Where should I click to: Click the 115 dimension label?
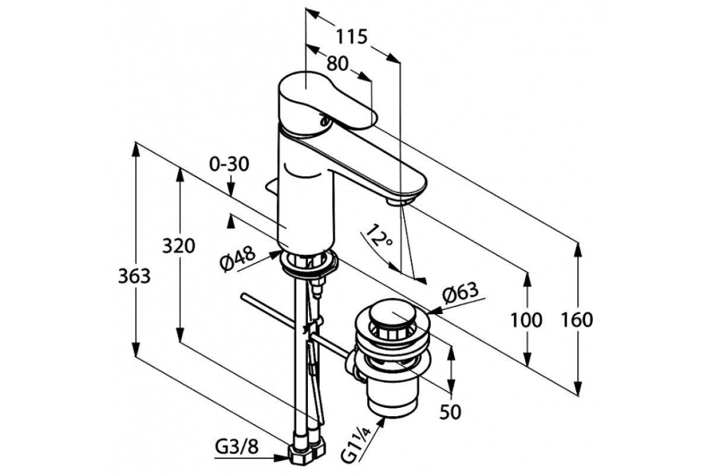[352, 37]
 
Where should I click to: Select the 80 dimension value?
[338, 64]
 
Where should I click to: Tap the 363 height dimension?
[134, 276]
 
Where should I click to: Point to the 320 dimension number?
[179, 246]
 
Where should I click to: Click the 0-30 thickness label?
[229, 164]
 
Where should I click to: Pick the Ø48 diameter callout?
[238, 259]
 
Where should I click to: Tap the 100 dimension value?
[526, 320]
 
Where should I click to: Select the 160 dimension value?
[577, 320]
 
